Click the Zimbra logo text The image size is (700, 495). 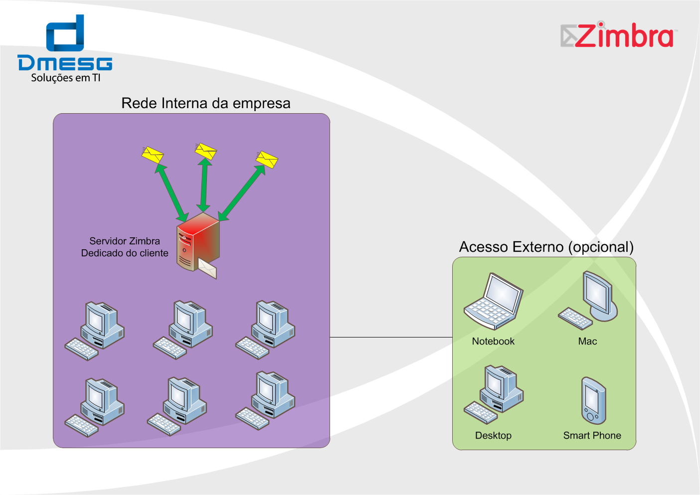pyautogui.click(x=624, y=36)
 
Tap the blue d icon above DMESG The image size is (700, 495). pyautogui.click(x=65, y=33)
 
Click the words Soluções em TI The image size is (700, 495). pyautogui.click(x=66, y=78)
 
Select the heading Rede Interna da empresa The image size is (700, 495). pyautogui.click(x=205, y=103)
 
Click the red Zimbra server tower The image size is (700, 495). pyautogui.click(x=198, y=242)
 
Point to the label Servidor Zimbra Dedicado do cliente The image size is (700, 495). pyautogui.click(x=125, y=247)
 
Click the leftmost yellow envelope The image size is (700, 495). pyautogui.click(x=153, y=155)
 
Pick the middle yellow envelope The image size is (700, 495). pyautogui.click(x=205, y=151)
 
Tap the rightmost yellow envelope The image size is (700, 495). pyautogui.click(x=267, y=160)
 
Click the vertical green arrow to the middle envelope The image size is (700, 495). pyautogui.click(x=204, y=185)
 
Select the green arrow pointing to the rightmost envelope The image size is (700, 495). pyautogui.click(x=242, y=193)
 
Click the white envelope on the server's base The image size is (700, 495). pyautogui.click(x=207, y=269)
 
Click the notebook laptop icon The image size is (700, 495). pyautogui.click(x=494, y=301)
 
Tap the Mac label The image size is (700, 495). pyautogui.click(x=587, y=341)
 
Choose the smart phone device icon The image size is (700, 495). pyautogui.click(x=593, y=401)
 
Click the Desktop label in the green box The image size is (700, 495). pyautogui.click(x=493, y=435)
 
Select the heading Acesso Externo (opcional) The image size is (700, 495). pyautogui.click(x=546, y=247)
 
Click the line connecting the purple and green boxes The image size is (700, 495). pyautogui.click(x=391, y=337)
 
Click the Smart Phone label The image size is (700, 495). pyautogui.click(x=592, y=435)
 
